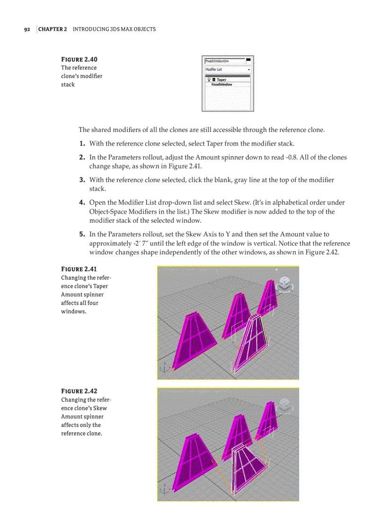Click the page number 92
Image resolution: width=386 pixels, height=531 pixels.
pyautogui.click(x=27, y=29)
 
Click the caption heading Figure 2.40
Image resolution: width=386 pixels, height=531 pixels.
pyautogui.click(x=79, y=60)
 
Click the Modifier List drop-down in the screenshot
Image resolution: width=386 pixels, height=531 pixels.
pyautogui.click(x=228, y=70)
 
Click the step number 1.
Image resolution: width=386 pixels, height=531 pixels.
pyautogui.click(x=82, y=144)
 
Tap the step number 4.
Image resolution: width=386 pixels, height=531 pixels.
pyautogui.click(x=82, y=203)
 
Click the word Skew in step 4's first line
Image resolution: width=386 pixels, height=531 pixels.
pyautogui.click(x=242, y=203)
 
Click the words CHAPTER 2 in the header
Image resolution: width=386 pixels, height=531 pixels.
pyautogui.click(x=53, y=29)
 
